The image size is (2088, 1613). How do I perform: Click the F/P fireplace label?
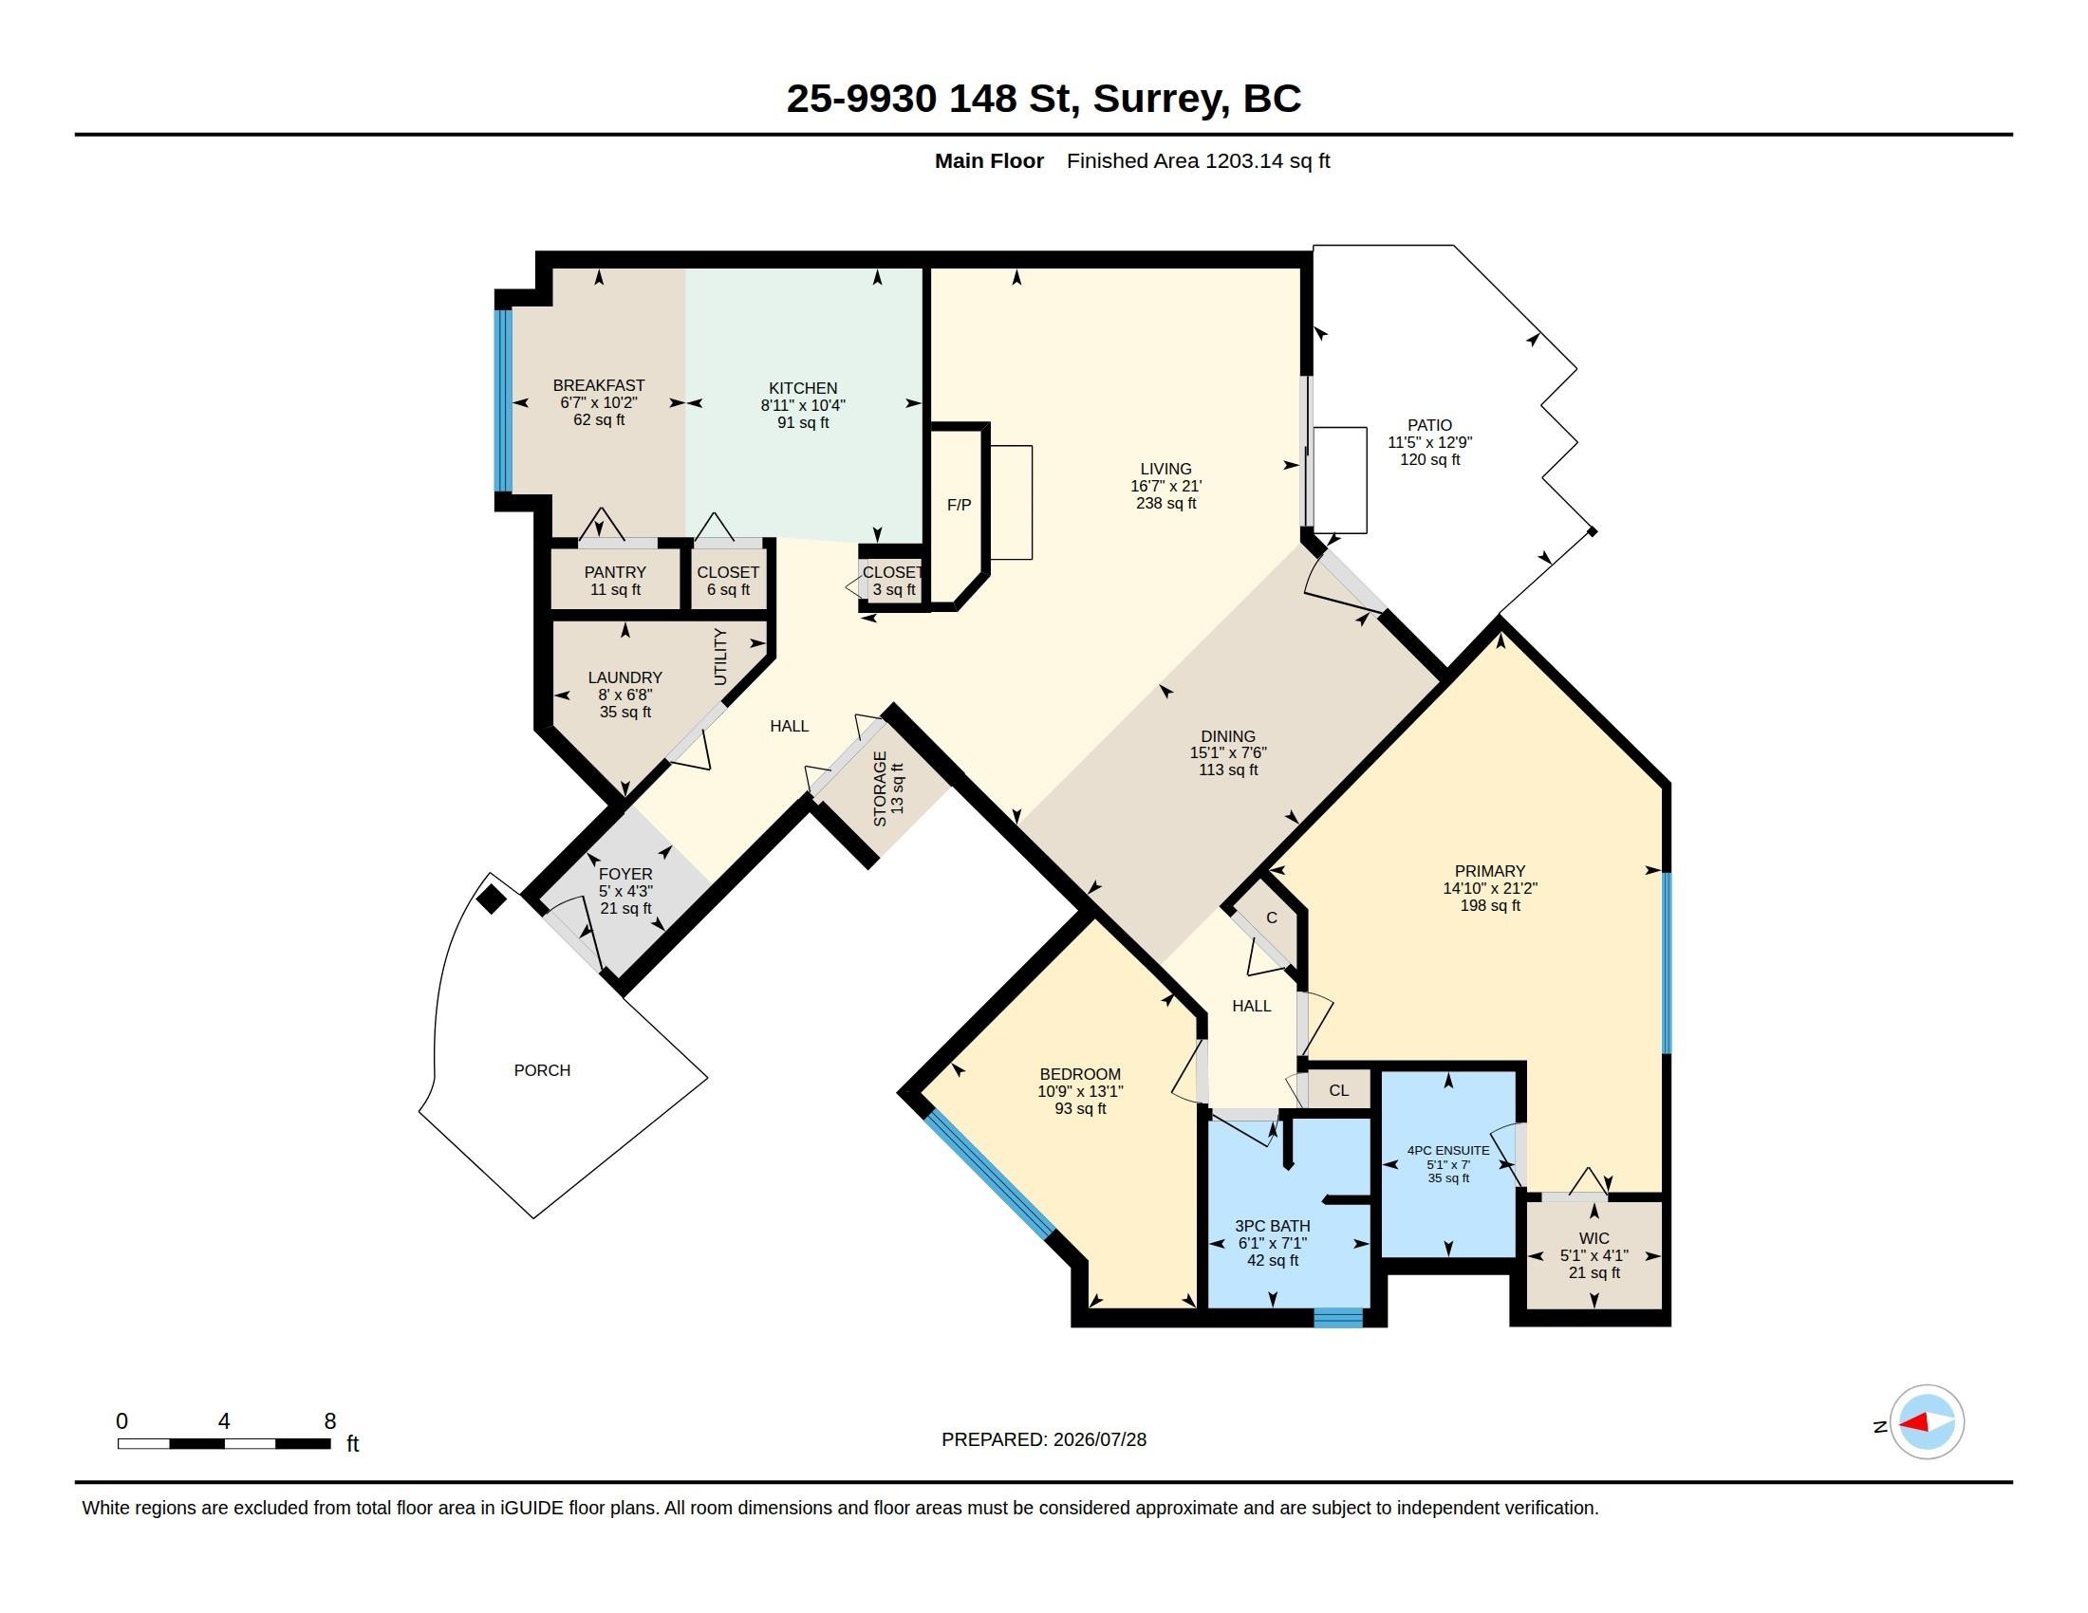tap(959, 505)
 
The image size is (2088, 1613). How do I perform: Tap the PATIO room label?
tap(1429, 425)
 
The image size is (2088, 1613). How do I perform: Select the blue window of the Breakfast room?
tap(504, 399)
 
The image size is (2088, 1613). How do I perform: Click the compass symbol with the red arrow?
tap(1927, 1422)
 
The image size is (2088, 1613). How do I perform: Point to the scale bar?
tap(224, 1443)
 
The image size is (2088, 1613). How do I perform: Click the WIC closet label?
tap(1594, 1238)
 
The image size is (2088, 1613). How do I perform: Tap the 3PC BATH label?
tap(1273, 1226)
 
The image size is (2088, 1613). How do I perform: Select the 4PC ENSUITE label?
tap(1448, 1151)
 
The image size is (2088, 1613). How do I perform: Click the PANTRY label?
tap(615, 572)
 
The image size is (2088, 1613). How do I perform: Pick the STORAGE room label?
tap(881, 789)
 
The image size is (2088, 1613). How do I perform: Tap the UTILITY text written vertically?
tap(721, 657)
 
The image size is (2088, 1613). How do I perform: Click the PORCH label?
tap(542, 1070)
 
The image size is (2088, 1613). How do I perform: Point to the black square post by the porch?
tap(492, 900)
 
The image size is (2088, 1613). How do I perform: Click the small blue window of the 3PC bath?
tap(1337, 1318)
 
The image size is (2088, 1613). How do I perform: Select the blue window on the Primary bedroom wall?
tap(1667, 963)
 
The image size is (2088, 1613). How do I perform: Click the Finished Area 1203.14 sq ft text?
tap(1198, 161)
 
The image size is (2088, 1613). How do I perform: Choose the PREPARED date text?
tap(1044, 1439)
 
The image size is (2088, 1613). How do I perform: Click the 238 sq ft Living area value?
tap(1166, 504)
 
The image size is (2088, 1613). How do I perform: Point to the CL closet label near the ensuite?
tap(1338, 1090)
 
